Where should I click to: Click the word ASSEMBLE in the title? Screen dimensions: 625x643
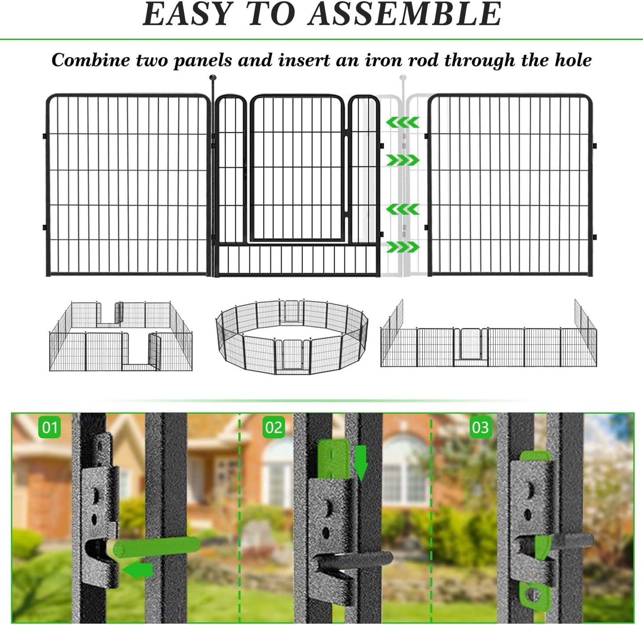pos(404,14)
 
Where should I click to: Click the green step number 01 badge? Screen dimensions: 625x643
pos(49,427)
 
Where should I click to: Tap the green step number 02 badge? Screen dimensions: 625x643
pos(273,427)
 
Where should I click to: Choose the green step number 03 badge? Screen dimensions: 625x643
pos(480,427)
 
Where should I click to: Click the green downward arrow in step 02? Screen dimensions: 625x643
pos(361,462)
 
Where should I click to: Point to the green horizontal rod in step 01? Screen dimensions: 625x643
pos(156,546)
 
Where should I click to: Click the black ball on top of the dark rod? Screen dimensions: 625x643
pos(212,78)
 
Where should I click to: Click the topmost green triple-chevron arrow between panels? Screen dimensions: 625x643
pos(402,122)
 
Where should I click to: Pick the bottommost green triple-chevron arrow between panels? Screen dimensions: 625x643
pos(402,247)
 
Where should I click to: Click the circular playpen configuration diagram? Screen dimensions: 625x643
pos(291,337)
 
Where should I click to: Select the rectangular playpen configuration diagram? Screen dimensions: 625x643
pos(121,337)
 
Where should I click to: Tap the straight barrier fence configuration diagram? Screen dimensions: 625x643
pos(488,342)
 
